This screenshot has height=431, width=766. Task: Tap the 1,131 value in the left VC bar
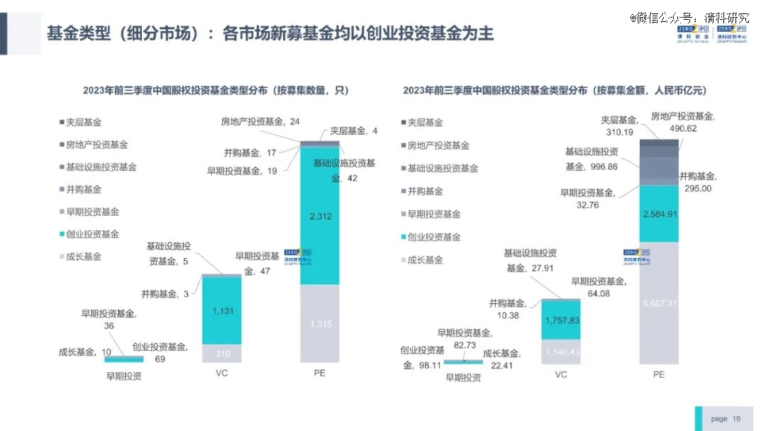pyautogui.click(x=222, y=310)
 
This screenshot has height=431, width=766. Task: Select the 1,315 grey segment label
pyautogui.click(x=319, y=324)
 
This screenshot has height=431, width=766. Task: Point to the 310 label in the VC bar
pyautogui.click(x=222, y=354)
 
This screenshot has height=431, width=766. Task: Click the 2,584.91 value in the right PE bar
pyautogui.click(x=659, y=213)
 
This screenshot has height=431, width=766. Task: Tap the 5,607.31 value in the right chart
pyautogui.click(x=659, y=303)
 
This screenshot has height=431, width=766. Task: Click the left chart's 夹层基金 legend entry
pyautogui.click(x=84, y=122)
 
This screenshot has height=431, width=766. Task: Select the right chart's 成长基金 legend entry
pyautogui.click(x=425, y=260)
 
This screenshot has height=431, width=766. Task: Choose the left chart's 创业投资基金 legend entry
pyautogui.click(x=92, y=234)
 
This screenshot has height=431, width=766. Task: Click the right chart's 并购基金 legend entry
pyautogui.click(x=425, y=191)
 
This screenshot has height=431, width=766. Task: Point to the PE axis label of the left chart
pyautogui.click(x=319, y=373)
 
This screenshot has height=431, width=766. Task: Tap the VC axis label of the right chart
pyautogui.click(x=561, y=374)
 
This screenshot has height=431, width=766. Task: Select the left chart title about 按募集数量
pyautogui.click(x=216, y=91)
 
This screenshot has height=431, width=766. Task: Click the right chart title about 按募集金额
pyautogui.click(x=555, y=91)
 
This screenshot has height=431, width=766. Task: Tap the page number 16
pyautogui.click(x=736, y=419)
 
